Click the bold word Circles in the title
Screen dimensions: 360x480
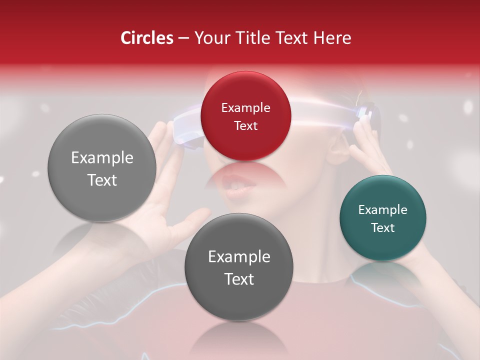pos(147,38)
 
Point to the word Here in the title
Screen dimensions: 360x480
pos(332,38)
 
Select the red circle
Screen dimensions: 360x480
pos(245,116)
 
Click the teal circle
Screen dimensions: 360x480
pos(382,218)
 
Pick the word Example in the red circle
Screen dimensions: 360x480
pos(245,107)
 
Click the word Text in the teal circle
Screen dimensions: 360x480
pos(383,227)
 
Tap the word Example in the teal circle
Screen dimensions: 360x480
pos(383,209)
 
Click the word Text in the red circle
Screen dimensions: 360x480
pos(245,125)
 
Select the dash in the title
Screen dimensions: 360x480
pos(183,38)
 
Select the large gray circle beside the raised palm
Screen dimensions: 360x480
pos(102,168)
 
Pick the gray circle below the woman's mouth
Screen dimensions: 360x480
pos(238,267)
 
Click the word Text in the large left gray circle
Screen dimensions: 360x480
pos(102,179)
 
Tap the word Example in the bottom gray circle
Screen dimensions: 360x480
pos(239,257)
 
